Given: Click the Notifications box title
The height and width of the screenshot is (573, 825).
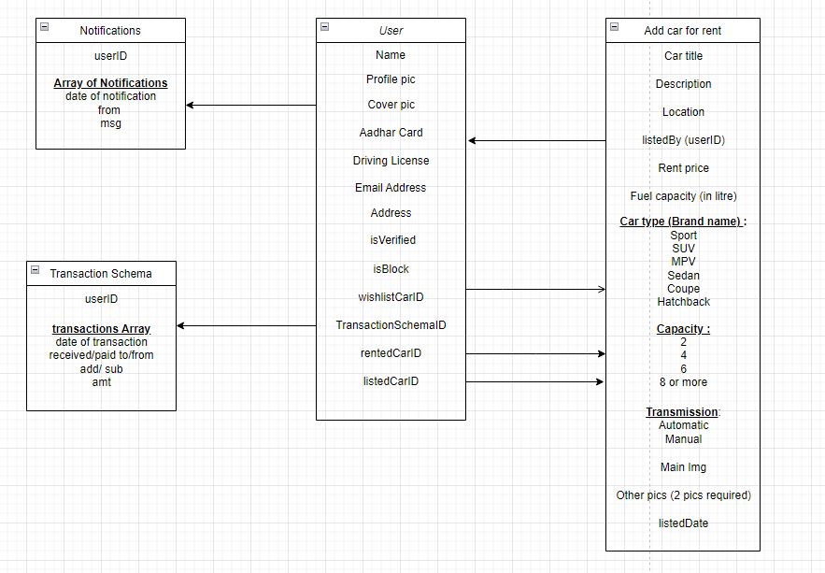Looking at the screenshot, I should point(110,31).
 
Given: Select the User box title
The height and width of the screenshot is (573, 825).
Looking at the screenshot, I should point(391,31).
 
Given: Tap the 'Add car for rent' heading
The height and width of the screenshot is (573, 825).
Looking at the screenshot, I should point(682,31).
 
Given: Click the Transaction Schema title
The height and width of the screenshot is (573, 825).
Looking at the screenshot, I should point(100,274).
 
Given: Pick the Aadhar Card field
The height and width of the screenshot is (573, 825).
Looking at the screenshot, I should point(391,133).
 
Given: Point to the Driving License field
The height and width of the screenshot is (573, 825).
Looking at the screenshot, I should point(391,161).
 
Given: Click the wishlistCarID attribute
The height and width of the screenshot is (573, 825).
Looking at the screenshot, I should point(391,297).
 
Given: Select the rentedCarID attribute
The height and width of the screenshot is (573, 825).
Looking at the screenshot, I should point(391,353).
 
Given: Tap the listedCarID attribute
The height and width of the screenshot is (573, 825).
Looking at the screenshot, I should point(391,381).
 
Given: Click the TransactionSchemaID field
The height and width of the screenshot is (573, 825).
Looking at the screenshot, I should point(391,325).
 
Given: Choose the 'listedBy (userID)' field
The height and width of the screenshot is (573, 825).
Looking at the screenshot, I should point(683,140).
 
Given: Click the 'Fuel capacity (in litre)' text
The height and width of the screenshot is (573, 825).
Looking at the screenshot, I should point(683,196).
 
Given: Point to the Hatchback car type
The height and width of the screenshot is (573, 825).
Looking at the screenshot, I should point(683,302).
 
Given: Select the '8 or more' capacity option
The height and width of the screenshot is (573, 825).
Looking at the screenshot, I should point(683,382).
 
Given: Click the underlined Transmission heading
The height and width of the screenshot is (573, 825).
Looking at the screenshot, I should point(682,412).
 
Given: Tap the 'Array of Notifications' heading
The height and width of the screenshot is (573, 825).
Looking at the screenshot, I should point(110,83).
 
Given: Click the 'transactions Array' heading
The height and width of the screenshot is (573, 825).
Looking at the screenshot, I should point(101,329).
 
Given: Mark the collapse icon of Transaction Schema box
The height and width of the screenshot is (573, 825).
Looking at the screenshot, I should point(35,270).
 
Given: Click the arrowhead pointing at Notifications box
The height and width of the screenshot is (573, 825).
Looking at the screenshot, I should point(191,106).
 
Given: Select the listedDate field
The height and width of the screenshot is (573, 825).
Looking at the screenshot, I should point(683,523).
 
